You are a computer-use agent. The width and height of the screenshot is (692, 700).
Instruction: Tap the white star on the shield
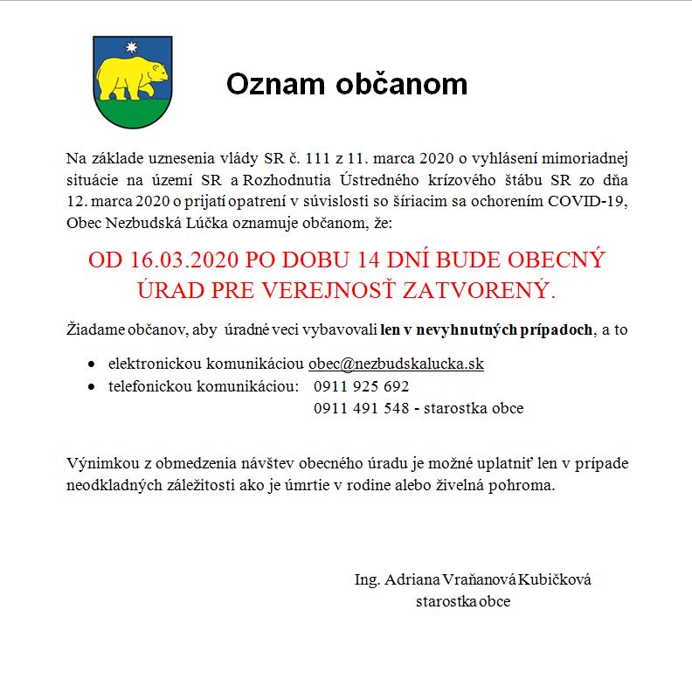pos(133,46)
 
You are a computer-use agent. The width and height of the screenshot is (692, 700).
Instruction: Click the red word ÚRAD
pos(170,289)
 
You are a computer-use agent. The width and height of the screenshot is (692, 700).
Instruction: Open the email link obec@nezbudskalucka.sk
pos(396,364)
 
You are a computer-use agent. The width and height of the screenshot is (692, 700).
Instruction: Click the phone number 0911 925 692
pos(361,386)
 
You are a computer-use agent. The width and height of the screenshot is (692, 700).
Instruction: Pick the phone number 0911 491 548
pos(361,408)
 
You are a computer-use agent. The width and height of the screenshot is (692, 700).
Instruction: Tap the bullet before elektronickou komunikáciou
pos(93,364)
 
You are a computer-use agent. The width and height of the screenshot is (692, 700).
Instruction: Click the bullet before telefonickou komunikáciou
pos(93,386)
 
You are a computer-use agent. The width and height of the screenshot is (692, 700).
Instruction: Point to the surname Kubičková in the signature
pos(555,580)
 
